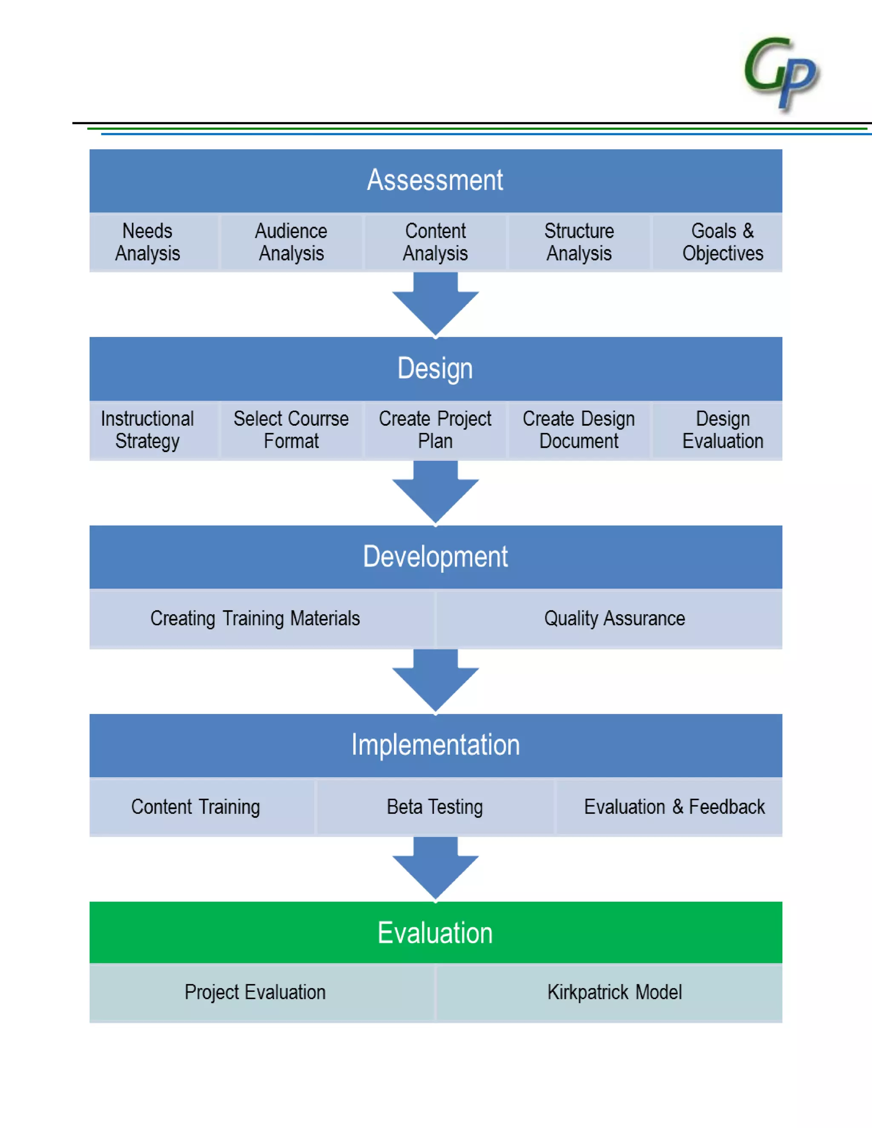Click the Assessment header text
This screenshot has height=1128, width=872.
pyautogui.click(x=435, y=180)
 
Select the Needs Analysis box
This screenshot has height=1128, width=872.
pyautogui.click(x=148, y=242)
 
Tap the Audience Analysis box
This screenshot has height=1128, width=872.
pyautogui.click(x=291, y=242)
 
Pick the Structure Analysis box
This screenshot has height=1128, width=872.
pyautogui.click(x=579, y=242)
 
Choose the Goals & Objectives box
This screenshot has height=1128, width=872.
pyautogui.click(x=722, y=242)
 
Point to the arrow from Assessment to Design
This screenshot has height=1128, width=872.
pyautogui.click(x=436, y=305)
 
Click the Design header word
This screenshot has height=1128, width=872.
pyautogui.click(x=435, y=368)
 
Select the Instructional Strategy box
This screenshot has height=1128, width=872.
pyautogui.click(x=148, y=430)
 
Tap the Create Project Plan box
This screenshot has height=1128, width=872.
pyautogui.click(x=435, y=430)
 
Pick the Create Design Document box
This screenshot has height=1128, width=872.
pyautogui.click(x=579, y=430)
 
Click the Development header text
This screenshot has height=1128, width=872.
pyautogui.click(x=435, y=557)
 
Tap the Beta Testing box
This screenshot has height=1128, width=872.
pyautogui.click(x=435, y=807)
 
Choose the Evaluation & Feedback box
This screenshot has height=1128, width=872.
pyautogui.click(x=674, y=807)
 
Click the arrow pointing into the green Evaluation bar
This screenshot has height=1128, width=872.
pyautogui.click(x=436, y=870)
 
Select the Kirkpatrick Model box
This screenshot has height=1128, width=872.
pyautogui.click(x=614, y=992)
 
